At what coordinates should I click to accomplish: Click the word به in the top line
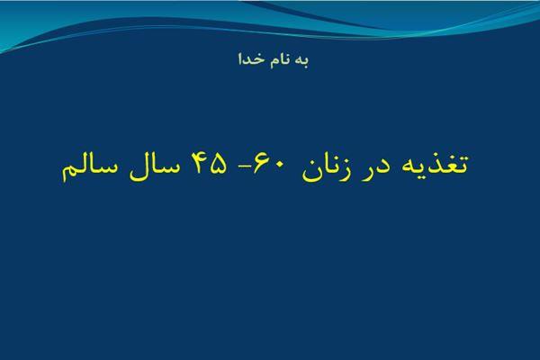302,60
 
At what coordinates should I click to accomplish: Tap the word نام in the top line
281,60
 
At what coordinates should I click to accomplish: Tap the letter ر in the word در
367,171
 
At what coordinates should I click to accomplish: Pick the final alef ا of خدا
240,58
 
